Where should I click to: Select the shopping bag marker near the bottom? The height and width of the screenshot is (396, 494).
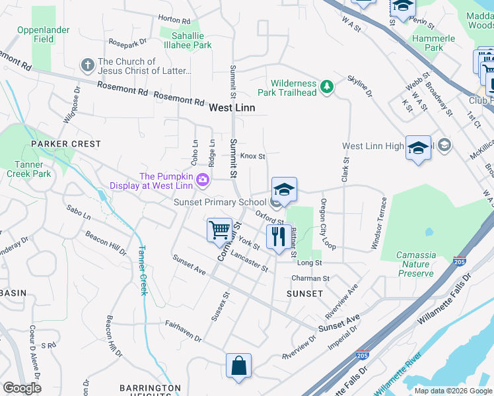click(238, 366)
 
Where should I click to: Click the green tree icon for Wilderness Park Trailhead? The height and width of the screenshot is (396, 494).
click(326, 86)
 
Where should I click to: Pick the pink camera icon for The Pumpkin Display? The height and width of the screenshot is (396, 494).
click(203, 179)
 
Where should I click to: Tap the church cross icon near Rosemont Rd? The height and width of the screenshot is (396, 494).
click(87, 65)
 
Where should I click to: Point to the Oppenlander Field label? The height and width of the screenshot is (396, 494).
click(44, 34)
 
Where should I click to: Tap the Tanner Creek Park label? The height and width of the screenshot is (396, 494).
click(29, 169)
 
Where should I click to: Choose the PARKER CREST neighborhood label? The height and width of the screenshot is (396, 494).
click(65, 144)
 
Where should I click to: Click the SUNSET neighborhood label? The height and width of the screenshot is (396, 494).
click(304, 293)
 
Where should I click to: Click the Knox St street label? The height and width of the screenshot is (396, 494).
click(252, 156)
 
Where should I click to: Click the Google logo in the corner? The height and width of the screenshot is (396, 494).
click(22, 388)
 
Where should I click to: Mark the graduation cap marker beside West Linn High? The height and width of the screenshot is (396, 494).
click(418, 148)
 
